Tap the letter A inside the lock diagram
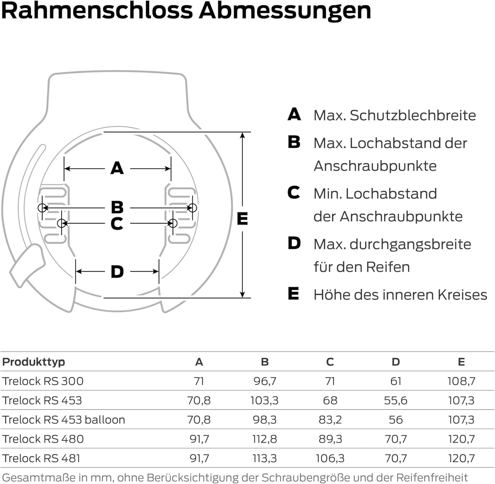point(117,168)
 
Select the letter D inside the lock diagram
point(117,272)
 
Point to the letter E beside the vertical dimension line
point(243,219)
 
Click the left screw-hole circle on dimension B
point(42,208)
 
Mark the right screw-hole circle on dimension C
point(173,223)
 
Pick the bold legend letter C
point(294,193)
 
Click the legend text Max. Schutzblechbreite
point(395,115)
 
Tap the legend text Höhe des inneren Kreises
point(400,295)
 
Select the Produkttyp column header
point(34,362)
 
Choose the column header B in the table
point(265,362)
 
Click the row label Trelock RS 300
point(43,381)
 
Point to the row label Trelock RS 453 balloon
point(64,420)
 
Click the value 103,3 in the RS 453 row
point(264,401)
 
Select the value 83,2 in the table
point(330,420)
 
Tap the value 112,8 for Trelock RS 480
point(264,439)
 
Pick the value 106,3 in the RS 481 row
point(330,458)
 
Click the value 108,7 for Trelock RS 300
point(461,381)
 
